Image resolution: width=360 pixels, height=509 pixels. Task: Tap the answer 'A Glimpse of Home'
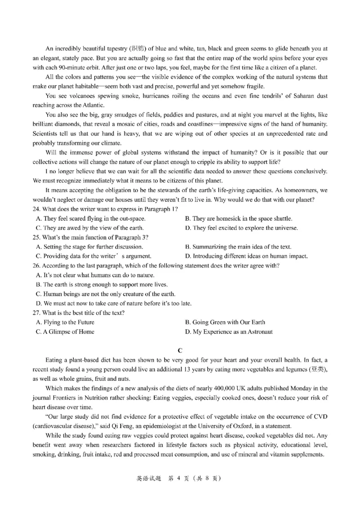65,332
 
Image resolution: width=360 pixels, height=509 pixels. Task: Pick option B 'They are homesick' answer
238,219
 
